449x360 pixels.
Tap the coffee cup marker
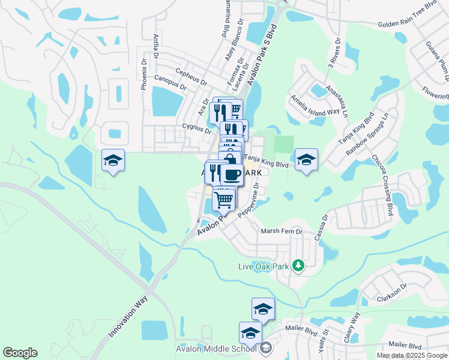[x=232, y=174]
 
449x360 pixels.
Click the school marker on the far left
[x=113, y=160]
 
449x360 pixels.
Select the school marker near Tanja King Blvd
[x=306, y=159]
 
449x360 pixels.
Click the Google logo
[x=20, y=353]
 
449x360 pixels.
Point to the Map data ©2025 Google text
[x=412, y=355]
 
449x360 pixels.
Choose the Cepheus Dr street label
[x=191, y=72]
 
